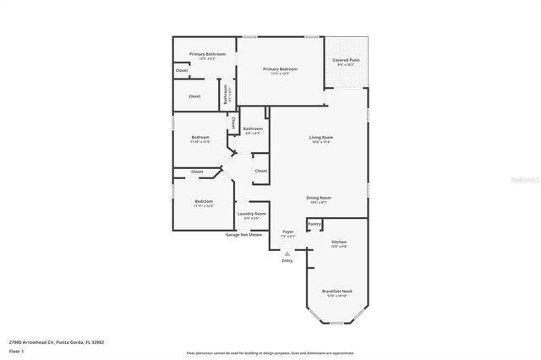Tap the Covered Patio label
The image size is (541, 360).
[x=347, y=61]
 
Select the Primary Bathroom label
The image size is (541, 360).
[x=207, y=54]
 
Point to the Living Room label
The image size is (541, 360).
[x=320, y=137]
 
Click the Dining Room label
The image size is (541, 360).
[x=319, y=198]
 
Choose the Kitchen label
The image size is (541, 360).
[x=338, y=243]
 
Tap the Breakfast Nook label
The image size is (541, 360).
[x=337, y=291]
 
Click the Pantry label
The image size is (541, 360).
[x=314, y=224]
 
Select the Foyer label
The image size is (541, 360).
[x=288, y=231]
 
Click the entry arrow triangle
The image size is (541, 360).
[x=287, y=252]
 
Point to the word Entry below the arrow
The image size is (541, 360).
[x=287, y=260]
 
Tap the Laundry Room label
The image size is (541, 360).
[x=251, y=214]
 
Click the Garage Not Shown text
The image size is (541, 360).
[x=244, y=234]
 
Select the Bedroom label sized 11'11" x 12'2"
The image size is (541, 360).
[x=204, y=201]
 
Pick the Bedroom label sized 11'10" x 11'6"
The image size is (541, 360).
[x=200, y=137]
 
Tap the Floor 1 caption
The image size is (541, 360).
[x=16, y=350]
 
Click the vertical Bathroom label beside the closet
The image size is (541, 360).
[x=226, y=94]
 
